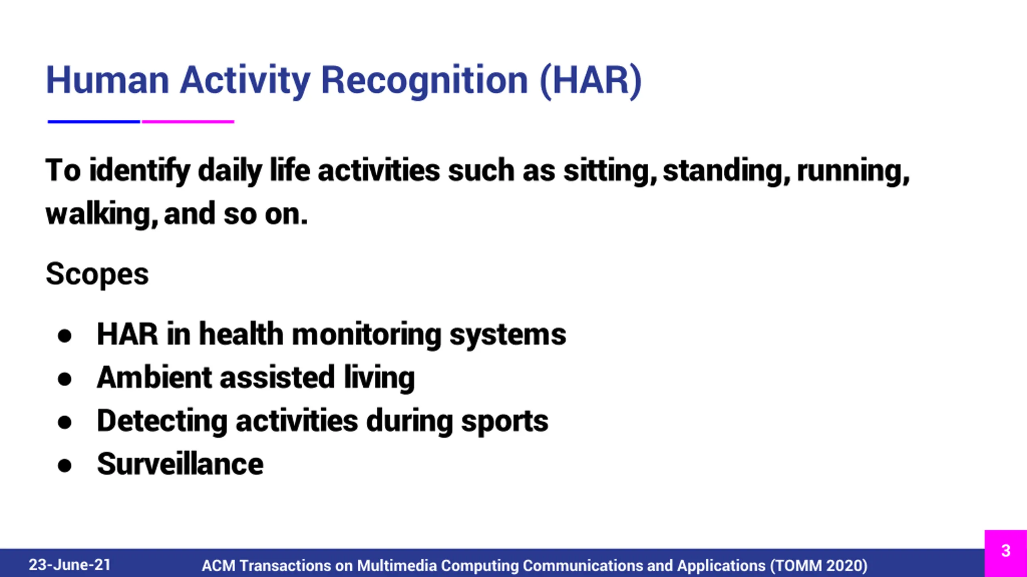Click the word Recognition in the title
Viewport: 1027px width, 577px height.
pyautogui.click(x=424, y=81)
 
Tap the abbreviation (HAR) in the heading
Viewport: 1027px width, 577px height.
pyautogui.click(x=591, y=81)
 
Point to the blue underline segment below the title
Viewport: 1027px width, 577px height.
pyautogui.click(x=94, y=121)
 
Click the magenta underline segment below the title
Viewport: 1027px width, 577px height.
pyautogui.click(x=188, y=121)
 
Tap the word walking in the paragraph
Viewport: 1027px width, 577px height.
pyautogui.click(x=102, y=214)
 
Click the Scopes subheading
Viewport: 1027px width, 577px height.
pyautogui.click(x=97, y=274)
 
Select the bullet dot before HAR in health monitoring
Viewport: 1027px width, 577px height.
pyautogui.click(x=65, y=335)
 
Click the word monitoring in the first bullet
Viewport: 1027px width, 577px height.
pyautogui.click(x=367, y=335)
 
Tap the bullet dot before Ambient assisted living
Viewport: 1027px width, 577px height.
pyautogui.click(x=65, y=379)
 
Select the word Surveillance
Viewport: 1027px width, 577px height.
pyautogui.click(x=181, y=464)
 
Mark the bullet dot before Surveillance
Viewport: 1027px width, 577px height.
pyautogui.click(x=65, y=466)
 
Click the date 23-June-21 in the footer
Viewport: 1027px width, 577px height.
pyautogui.click(x=70, y=565)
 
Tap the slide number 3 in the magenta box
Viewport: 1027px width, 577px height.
pyautogui.click(x=1006, y=551)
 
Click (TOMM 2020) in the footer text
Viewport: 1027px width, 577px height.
pyautogui.click(x=818, y=566)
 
